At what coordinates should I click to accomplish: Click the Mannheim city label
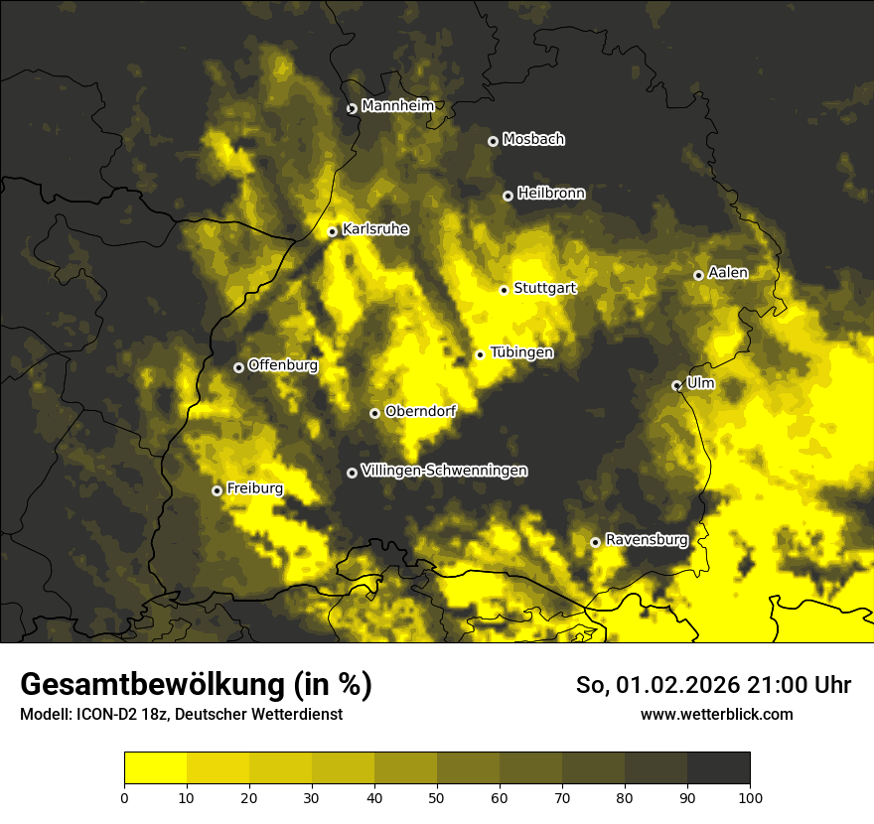point(397,106)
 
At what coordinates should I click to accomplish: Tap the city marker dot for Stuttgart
point(504,290)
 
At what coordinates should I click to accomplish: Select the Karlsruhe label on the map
point(375,229)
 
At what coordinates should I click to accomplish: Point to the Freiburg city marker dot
point(217,490)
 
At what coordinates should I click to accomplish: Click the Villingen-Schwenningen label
point(444,471)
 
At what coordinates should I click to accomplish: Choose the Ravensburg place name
point(647,540)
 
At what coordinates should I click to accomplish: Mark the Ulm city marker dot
point(676,385)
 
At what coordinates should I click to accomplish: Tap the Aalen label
point(728,273)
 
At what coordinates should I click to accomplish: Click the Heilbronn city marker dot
point(508,196)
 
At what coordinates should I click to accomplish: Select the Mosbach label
point(533,140)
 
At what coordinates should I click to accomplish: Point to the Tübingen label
point(521,352)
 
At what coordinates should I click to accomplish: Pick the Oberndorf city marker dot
point(374,413)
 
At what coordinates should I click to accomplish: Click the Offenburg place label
point(283,365)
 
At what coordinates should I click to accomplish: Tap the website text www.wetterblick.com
point(716,714)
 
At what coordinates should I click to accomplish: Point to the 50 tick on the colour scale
point(437,796)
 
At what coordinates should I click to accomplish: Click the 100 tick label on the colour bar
point(750,796)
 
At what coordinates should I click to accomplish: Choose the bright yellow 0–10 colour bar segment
point(155,767)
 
